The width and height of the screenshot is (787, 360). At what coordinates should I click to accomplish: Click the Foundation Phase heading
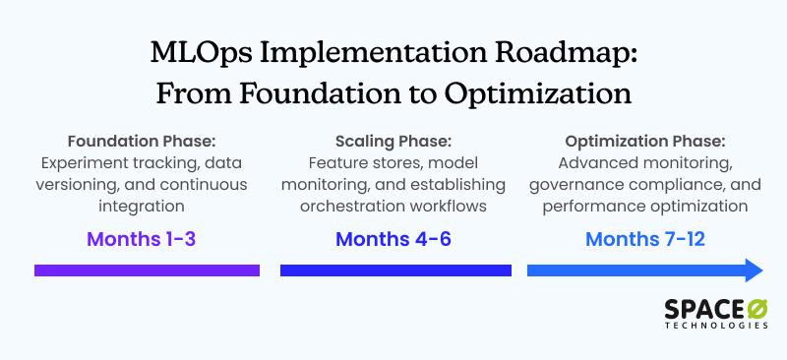tap(147, 141)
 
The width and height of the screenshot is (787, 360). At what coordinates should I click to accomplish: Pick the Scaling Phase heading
tap(393, 141)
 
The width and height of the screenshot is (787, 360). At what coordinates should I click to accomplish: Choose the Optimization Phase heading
tap(645, 141)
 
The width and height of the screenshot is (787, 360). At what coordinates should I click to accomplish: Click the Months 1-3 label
tap(147, 239)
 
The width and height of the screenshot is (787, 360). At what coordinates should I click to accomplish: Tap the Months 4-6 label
tap(393, 239)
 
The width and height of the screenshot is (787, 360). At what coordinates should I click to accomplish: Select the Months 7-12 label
tap(645, 239)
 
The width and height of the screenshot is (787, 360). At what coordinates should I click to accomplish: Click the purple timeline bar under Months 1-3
tap(147, 270)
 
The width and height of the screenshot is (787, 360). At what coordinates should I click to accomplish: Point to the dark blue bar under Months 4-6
tap(395, 270)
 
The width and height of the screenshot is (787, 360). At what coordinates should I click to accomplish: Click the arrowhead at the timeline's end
tap(754, 270)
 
